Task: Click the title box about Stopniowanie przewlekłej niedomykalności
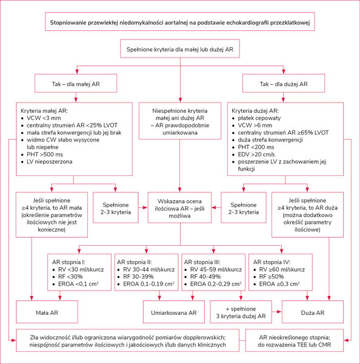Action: (180, 22)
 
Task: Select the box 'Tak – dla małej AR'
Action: (76, 83)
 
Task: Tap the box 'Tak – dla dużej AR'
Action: (284, 83)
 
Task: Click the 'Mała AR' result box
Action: (47, 312)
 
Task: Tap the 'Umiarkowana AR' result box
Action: (174, 312)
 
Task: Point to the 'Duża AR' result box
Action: (313, 312)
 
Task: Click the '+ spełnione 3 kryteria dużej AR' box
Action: (241, 312)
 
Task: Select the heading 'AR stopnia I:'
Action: (68, 262)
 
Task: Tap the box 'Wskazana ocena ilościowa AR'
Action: (179, 207)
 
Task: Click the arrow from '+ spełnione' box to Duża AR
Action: (276, 312)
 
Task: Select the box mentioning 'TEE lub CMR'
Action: (295, 340)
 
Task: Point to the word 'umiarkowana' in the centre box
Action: (180, 133)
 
